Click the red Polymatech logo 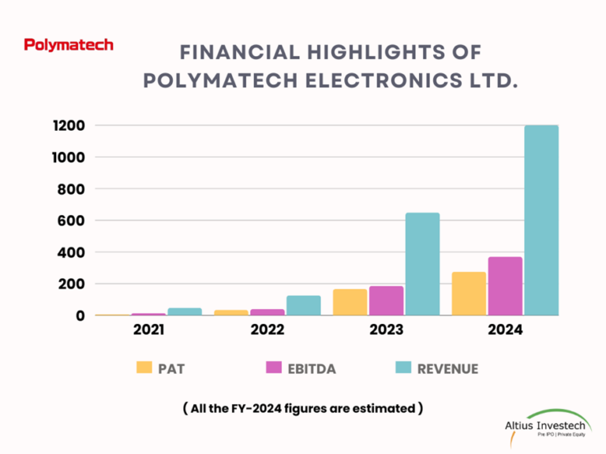tap(69, 45)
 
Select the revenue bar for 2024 tap(541, 221)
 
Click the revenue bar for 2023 tap(422, 264)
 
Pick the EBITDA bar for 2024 tap(505, 286)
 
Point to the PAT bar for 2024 tap(469, 294)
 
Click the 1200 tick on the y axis tap(69, 126)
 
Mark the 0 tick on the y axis tap(80, 315)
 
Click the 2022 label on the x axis tap(267, 330)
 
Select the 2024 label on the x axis tap(505, 330)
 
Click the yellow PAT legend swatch tap(144, 367)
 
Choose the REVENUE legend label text tap(448, 368)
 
